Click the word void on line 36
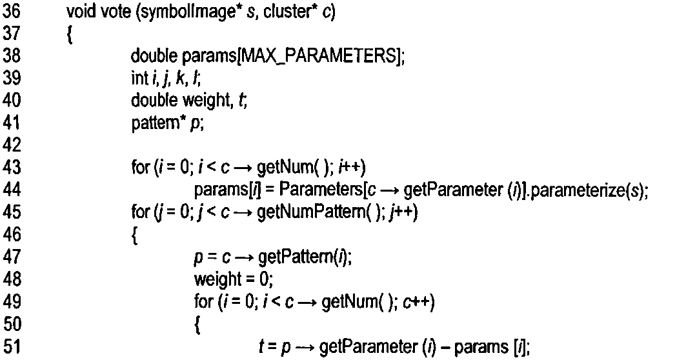click(79, 12)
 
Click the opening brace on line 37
click(70, 34)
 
